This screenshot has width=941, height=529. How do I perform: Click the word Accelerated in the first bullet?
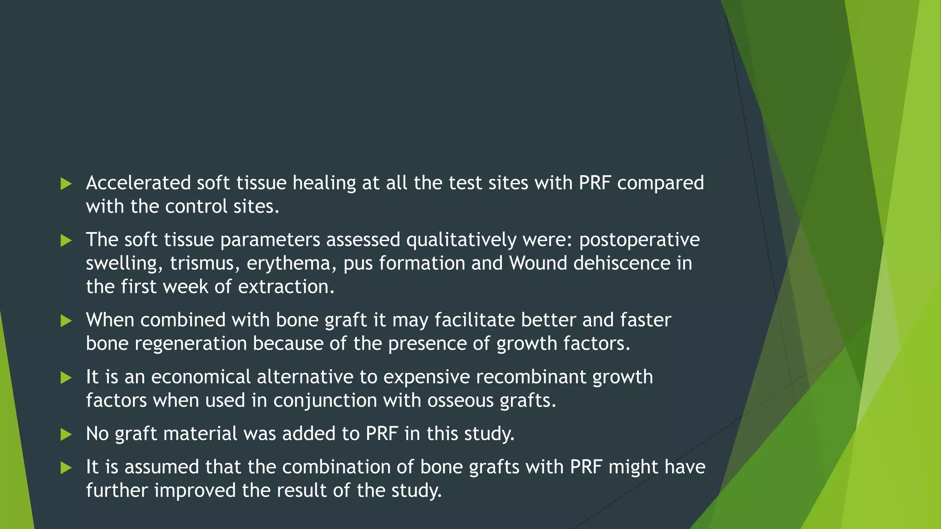(138, 183)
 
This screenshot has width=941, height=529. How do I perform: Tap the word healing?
(324, 183)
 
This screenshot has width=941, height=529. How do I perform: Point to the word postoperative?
(639, 240)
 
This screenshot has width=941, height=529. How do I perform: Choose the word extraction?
(286, 287)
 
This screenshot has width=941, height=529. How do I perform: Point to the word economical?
(201, 377)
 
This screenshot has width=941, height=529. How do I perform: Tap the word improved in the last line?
(195, 491)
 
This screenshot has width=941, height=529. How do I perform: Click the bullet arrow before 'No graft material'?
(66, 434)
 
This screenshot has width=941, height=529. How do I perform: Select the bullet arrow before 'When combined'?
(66, 321)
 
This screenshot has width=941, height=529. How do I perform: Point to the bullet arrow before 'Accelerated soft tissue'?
(66, 184)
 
